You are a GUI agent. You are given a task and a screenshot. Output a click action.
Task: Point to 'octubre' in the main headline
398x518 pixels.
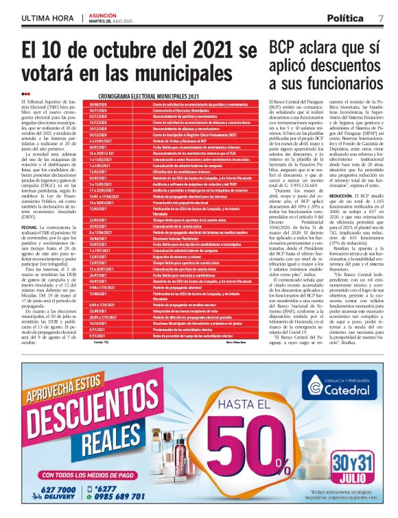click(120, 50)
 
